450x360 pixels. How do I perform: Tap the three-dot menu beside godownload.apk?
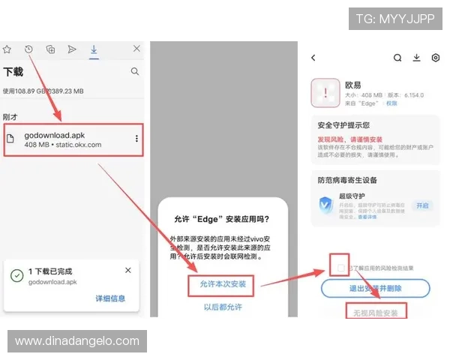(136, 139)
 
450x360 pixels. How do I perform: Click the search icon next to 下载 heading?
(135, 72)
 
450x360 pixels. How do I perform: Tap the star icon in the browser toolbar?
(7, 49)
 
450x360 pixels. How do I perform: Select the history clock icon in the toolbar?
(28, 49)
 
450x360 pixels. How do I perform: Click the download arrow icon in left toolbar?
(94, 49)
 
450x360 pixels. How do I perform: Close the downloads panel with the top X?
(136, 49)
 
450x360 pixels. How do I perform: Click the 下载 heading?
(13, 72)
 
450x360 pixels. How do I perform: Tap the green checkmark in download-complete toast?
(16, 275)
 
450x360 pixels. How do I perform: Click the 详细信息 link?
(110, 298)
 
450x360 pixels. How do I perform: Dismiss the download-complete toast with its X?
(128, 270)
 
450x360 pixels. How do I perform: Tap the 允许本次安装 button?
(223, 284)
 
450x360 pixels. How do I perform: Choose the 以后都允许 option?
(223, 307)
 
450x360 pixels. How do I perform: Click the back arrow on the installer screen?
(313, 58)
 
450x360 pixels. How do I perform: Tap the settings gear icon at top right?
(435, 58)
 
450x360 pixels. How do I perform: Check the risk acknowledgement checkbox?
(341, 268)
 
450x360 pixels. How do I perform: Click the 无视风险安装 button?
(376, 310)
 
